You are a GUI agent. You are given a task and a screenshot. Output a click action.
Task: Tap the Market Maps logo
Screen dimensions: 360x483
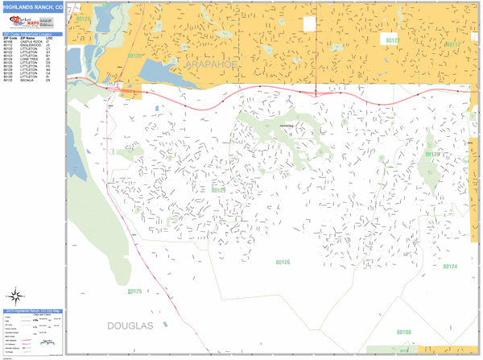pyautogui.click(x=20, y=19)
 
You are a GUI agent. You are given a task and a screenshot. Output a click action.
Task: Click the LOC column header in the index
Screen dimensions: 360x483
pyautogui.click(x=50, y=38)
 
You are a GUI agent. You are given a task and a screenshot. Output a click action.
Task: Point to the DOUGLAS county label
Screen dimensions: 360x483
pyautogui.click(x=130, y=325)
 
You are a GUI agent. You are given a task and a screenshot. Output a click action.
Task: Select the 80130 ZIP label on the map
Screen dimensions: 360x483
pyautogui.click(x=433, y=154)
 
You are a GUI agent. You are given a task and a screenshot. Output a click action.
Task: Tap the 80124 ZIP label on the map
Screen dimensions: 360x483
pyautogui.click(x=448, y=267)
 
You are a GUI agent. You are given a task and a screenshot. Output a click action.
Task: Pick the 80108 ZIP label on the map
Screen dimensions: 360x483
pyautogui.click(x=403, y=332)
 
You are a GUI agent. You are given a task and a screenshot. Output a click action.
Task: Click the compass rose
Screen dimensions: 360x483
pyautogui.click(x=15, y=294)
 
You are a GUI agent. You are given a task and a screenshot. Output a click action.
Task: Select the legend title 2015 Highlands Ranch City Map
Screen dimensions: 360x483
pyautogui.click(x=31, y=310)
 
